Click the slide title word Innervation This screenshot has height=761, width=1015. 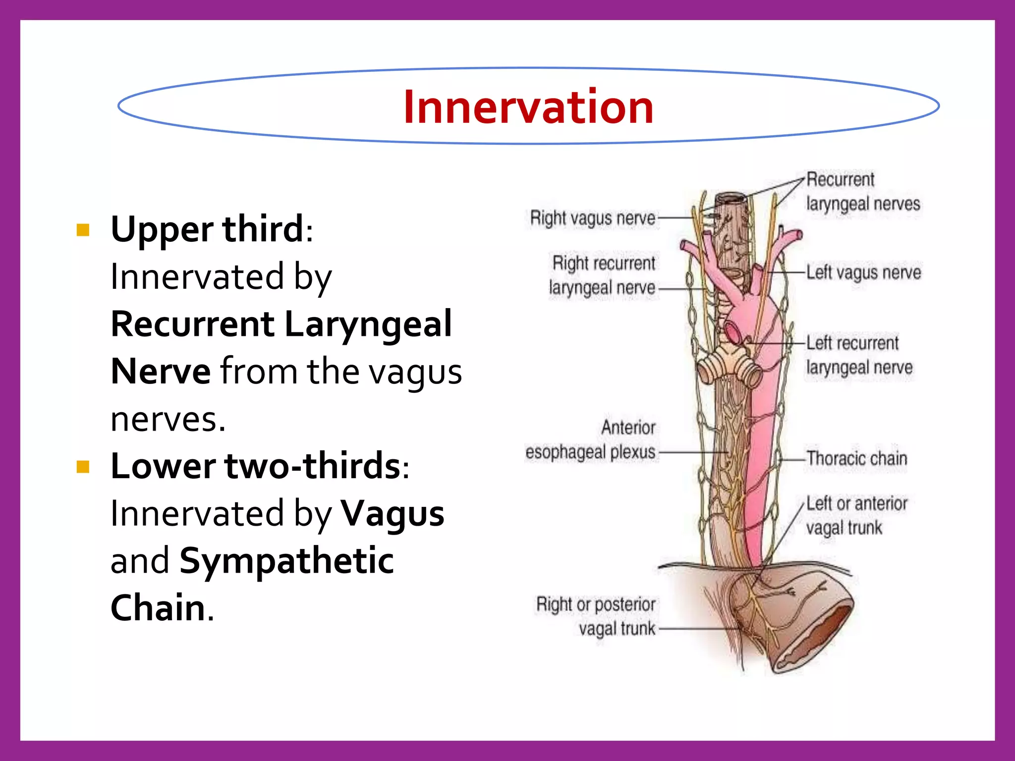[528, 107]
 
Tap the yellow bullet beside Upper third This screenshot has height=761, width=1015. [83, 230]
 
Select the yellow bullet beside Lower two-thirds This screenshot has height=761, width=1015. [83, 467]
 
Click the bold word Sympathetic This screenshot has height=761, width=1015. [286, 561]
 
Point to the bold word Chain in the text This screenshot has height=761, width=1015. [158, 607]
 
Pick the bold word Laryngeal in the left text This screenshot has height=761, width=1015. [368, 324]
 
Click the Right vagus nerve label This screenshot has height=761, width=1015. [592, 218]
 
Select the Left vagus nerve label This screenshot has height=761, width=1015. [863, 272]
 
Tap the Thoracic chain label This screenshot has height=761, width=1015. [857, 458]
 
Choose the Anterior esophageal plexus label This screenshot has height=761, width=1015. [591, 440]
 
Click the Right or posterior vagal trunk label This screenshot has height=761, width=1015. [596, 616]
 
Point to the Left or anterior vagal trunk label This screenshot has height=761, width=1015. [856, 515]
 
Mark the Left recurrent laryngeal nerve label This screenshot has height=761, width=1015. [858, 355]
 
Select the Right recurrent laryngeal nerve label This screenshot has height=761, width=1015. [602, 275]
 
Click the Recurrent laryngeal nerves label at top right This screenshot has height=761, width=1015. [862, 191]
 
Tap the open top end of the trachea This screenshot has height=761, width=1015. [730, 199]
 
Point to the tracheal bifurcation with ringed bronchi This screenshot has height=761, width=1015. [729, 364]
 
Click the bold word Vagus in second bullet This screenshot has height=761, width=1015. [393, 514]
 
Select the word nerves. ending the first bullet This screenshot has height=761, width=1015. [168, 419]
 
